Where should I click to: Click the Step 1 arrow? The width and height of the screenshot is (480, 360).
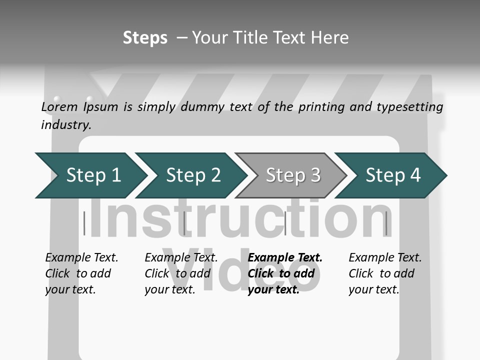tap(92, 175)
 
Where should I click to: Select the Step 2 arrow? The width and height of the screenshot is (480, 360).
tap(193, 175)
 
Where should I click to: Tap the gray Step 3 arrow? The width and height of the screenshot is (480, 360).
tap(292, 175)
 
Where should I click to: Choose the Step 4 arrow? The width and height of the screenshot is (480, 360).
tap(393, 175)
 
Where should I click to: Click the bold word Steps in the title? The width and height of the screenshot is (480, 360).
tap(145, 38)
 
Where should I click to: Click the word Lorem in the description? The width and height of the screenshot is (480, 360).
tap(59, 106)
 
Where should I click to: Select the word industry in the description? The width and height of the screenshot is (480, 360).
tap(66, 124)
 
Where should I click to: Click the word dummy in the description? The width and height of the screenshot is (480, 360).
tap(202, 107)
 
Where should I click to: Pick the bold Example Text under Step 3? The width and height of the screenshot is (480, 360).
tap(285, 258)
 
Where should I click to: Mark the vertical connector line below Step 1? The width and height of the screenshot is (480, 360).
tap(84, 223)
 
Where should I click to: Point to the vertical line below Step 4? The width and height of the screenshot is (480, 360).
tap(386, 223)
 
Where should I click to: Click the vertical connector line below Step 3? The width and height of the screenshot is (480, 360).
tap(285, 223)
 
